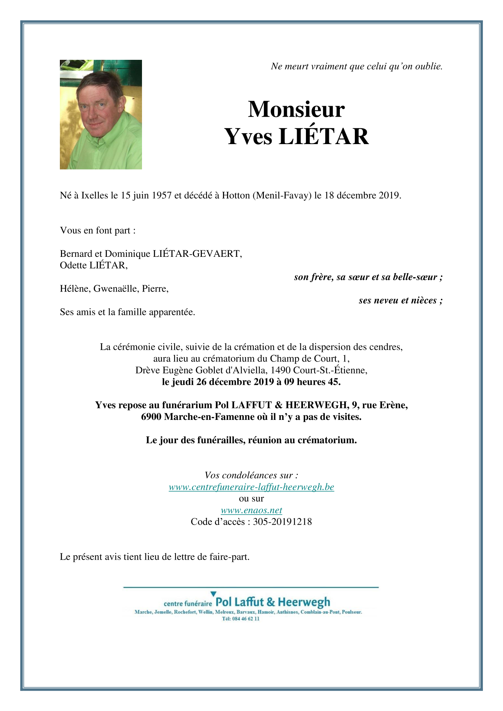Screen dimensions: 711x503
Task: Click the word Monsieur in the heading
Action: [296, 109]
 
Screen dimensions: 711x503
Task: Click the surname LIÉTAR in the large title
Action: [323, 137]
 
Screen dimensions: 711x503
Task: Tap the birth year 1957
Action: [161, 196]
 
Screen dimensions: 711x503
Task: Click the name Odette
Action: [73, 265]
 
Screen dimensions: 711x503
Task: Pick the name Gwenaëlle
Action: [116, 289]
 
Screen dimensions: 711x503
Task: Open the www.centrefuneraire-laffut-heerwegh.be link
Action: [251, 487]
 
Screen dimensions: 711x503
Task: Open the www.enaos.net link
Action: [251, 510]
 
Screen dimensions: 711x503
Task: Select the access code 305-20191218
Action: [282, 522]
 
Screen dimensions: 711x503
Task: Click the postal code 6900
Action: [151, 417]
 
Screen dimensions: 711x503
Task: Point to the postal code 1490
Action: [280, 370]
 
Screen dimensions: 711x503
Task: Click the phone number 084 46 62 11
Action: [246, 619]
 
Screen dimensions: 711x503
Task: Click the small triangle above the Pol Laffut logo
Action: [214, 594]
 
